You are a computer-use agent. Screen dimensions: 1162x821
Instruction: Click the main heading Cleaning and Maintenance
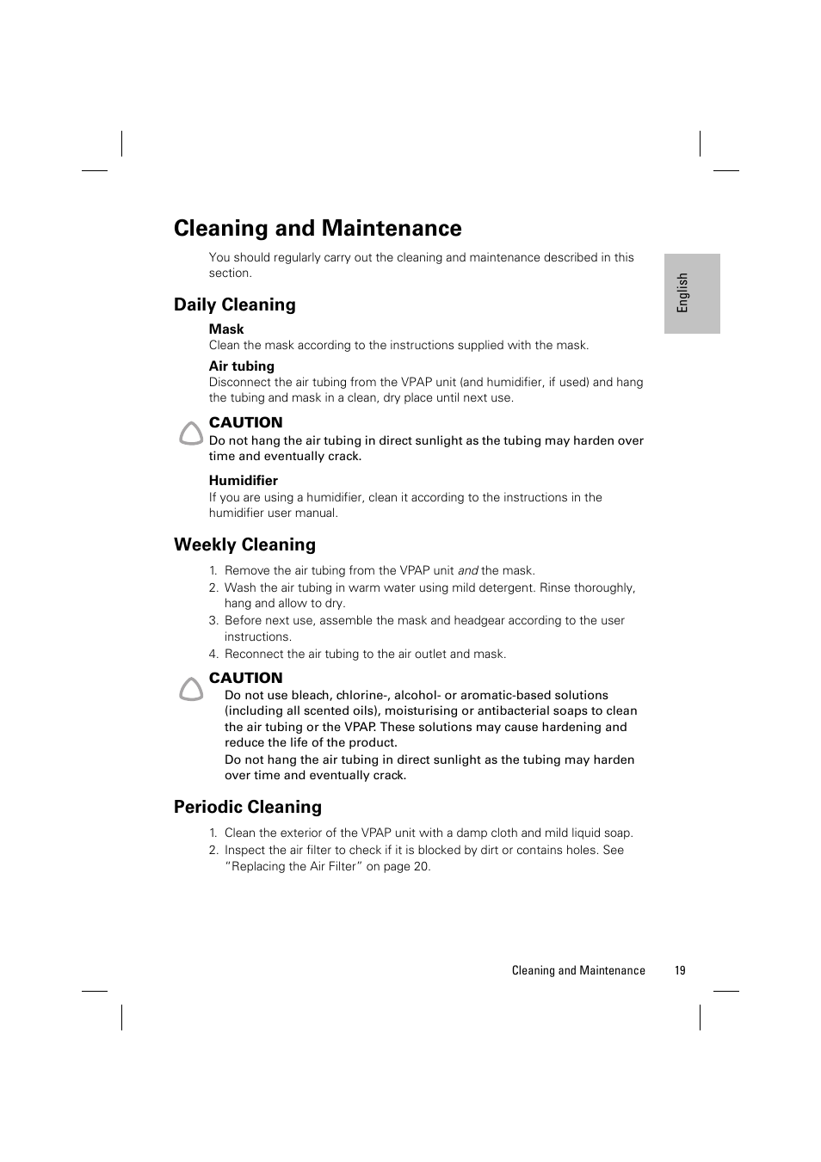click(x=318, y=228)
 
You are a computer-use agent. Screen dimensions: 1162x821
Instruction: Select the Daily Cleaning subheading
click(x=234, y=304)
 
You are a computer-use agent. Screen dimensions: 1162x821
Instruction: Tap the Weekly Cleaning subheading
click(x=244, y=544)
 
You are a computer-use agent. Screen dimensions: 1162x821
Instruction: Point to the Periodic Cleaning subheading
click(x=247, y=807)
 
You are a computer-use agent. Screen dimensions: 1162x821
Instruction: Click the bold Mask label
click(x=226, y=329)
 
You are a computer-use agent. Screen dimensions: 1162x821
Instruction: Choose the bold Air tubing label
click(x=241, y=366)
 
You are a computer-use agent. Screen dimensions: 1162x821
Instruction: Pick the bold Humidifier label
click(x=243, y=481)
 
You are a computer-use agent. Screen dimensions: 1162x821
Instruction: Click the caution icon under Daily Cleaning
click(x=191, y=433)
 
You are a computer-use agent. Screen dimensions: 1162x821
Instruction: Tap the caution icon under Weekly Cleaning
click(x=191, y=689)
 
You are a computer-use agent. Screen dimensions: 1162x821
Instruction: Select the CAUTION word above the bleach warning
click(x=245, y=678)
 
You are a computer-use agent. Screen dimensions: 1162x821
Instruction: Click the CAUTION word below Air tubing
click(x=245, y=422)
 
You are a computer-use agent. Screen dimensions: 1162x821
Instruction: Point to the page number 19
click(x=680, y=970)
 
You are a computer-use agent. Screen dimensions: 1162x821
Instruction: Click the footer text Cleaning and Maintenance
click(x=577, y=970)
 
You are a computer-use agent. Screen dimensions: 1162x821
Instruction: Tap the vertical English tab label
click(x=682, y=293)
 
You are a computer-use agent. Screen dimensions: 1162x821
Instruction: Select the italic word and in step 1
click(x=467, y=570)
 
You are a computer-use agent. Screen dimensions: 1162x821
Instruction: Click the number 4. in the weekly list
click(x=213, y=654)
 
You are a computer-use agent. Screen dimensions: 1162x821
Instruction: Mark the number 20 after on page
click(x=421, y=866)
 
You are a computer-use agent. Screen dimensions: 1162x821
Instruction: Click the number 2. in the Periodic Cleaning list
click(x=213, y=850)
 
